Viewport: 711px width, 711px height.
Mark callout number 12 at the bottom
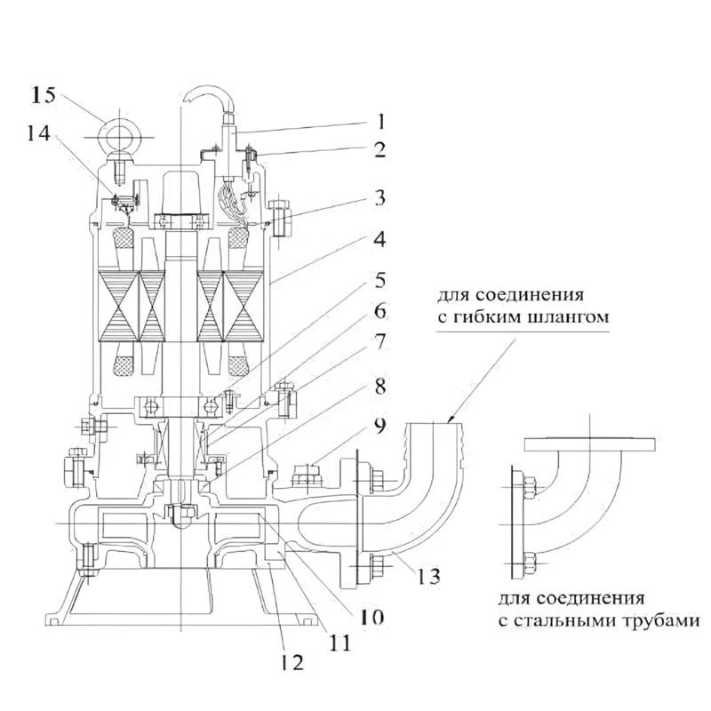[x=290, y=661]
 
